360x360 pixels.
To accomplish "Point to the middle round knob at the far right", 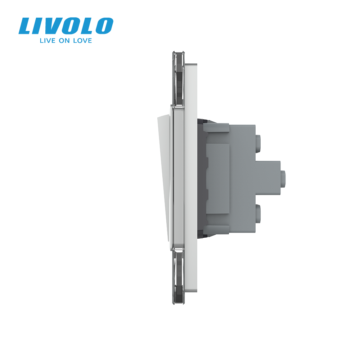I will [284, 176].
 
